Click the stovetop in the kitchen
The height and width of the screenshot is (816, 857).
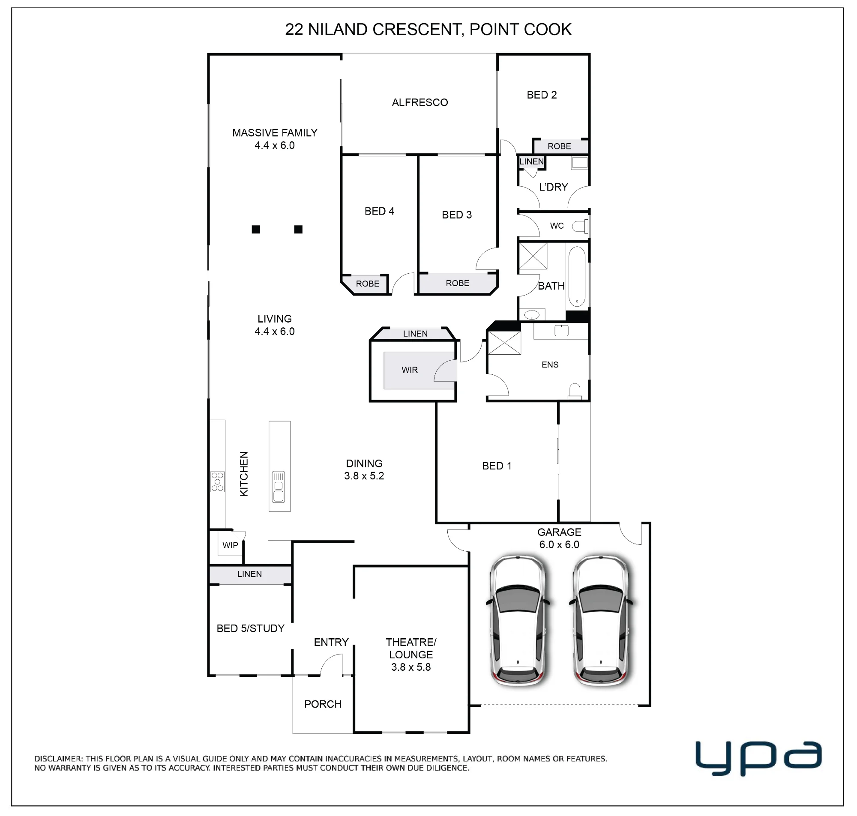[x=218, y=482]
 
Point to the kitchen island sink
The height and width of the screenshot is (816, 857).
[x=279, y=487]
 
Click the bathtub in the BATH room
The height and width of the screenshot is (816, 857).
[x=577, y=277]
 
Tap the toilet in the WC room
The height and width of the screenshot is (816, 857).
[x=580, y=226]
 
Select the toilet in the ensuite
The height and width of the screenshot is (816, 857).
[x=575, y=391]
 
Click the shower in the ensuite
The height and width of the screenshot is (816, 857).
[x=504, y=343]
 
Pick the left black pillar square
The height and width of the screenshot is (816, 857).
[x=256, y=229]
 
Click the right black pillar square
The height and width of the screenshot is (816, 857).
[x=298, y=229]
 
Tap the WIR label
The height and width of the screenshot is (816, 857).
[x=410, y=370]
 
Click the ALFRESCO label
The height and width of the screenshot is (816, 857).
[x=420, y=103]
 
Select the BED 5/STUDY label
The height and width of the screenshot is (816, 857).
[x=251, y=628]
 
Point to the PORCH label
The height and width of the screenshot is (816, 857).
[x=323, y=704]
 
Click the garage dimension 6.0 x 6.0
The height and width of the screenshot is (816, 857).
[x=560, y=544]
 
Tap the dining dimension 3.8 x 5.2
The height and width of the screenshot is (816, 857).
[x=364, y=476]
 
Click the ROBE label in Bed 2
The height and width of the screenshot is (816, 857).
[x=560, y=146]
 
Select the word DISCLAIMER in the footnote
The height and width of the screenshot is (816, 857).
[x=58, y=759]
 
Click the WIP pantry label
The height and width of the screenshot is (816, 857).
[x=230, y=545]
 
